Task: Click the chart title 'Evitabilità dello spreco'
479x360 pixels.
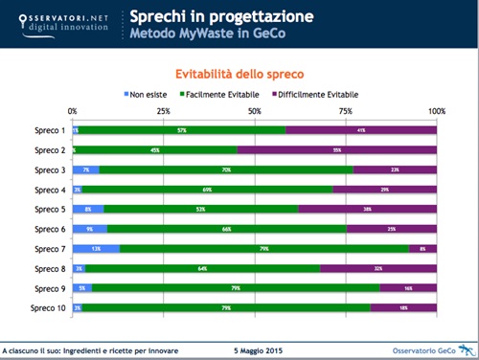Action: point(239,73)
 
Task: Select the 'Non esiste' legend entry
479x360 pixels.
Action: point(149,95)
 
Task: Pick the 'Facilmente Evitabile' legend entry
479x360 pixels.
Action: point(231,95)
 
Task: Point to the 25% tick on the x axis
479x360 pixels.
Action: point(164,111)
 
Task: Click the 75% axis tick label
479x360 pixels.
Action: point(346,111)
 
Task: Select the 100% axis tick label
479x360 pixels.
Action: point(436,111)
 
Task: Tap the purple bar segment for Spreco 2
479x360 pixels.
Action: point(337,149)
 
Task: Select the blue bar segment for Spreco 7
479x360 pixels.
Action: point(97,248)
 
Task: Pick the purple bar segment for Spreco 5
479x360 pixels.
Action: point(368,209)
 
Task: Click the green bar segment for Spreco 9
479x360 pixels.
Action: point(235,287)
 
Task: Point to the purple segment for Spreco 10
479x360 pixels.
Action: point(403,307)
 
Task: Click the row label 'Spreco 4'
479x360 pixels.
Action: point(50,190)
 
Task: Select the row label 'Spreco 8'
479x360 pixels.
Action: point(50,268)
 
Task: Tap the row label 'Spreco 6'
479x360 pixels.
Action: point(50,229)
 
